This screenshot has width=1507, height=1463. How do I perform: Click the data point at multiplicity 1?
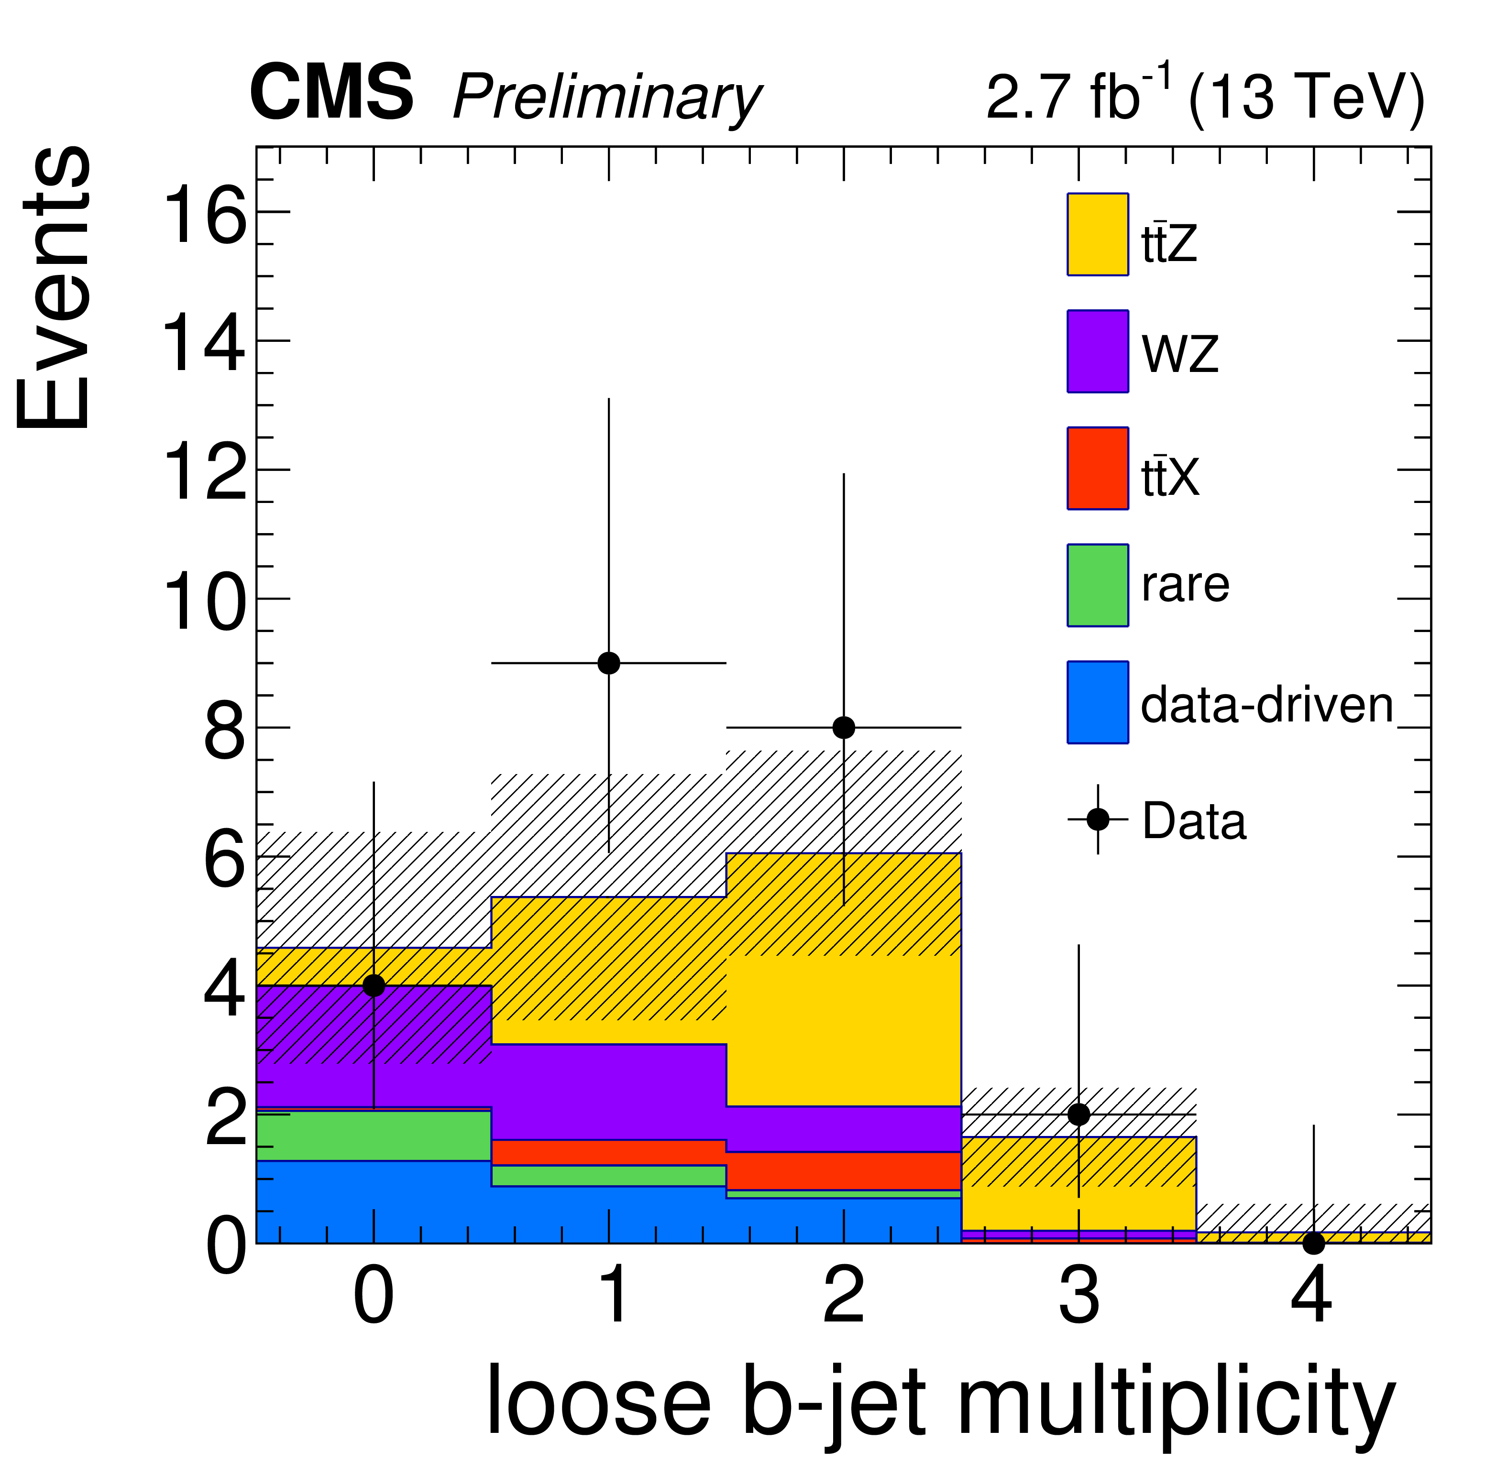(608, 663)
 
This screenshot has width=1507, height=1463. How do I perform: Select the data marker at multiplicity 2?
(844, 727)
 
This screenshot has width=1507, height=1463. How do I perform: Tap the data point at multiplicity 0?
(374, 985)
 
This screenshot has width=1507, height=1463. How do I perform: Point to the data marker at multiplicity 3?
(1079, 1114)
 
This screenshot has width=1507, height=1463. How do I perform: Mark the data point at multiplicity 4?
(1314, 1243)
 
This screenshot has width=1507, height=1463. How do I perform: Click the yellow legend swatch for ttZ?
(1097, 234)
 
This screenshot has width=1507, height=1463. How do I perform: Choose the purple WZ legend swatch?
(1097, 351)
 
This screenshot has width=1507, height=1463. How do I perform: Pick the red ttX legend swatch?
(1097, 468)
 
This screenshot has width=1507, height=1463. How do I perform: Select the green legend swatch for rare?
(1097, 585)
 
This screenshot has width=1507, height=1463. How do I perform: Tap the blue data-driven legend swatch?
(1097, 702)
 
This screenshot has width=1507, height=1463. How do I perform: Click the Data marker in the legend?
(1097, 819)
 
